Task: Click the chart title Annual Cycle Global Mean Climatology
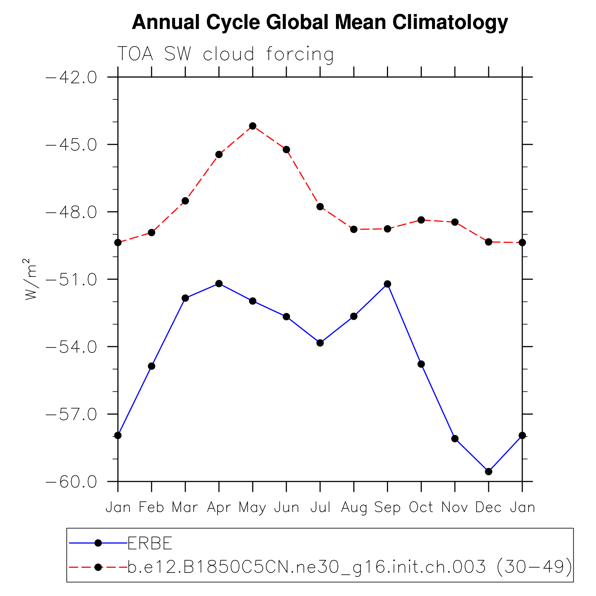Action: pos(320,22)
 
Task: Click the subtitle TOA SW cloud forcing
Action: pos(225,54)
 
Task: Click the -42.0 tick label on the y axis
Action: pos(71,77)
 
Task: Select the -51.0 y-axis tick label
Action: pos(71,279)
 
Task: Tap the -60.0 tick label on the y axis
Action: pos(71,482)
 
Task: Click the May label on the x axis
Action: pos(252,508)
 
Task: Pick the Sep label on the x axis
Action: pos(387,508)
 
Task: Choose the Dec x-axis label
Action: pos(488,508)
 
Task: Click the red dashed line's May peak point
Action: pos(253,126)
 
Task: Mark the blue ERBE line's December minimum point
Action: pos(489,471)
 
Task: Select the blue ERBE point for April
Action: pos(219,284)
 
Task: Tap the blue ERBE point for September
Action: pos(387,284)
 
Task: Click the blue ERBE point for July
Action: pos(320,343)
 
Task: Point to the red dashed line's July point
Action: pos(320,206)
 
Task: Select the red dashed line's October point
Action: pos(421,220)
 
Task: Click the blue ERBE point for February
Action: pos(151,366)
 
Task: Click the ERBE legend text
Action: pos(150,543)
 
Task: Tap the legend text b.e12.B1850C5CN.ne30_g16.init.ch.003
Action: pos(306,567)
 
